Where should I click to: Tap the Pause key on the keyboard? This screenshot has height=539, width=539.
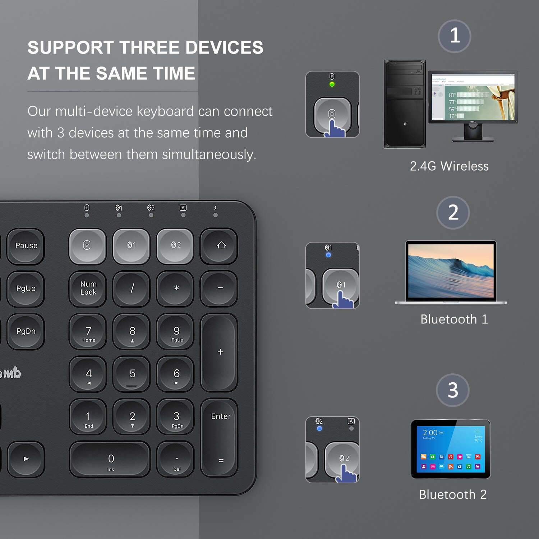(26, 246)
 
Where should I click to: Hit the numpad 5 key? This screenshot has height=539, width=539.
(132, 374)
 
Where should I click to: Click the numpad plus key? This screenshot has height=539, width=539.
(219, 352)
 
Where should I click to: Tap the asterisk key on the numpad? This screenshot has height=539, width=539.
(175, 289)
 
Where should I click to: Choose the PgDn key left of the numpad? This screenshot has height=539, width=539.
(26, 331)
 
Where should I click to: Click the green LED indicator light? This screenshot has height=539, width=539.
(332, 84)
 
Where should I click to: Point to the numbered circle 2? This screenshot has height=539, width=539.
(453, 212)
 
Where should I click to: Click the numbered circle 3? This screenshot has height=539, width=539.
(453, 390)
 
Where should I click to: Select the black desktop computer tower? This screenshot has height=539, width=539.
(405, 104)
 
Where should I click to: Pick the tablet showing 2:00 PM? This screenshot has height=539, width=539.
(451, 449)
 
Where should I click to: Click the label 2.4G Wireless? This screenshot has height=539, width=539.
(449, 166)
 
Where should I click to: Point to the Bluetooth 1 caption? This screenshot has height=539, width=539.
(454, 319)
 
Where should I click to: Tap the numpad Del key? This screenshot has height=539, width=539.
(176, 459)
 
